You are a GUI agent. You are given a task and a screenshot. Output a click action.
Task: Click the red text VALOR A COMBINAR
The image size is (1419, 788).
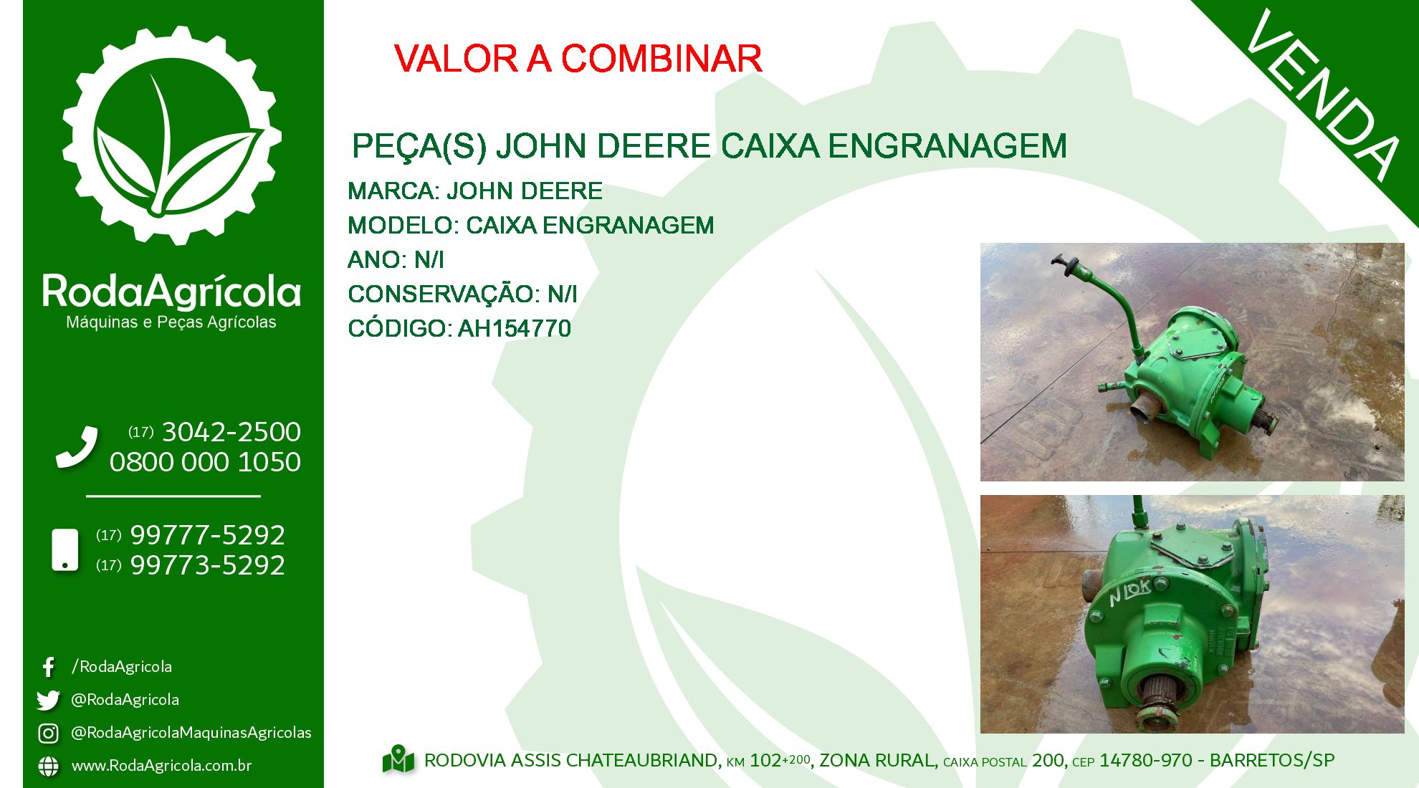click(x=578, y=59)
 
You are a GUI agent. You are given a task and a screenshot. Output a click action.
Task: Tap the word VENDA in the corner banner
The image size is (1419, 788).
click(x=1323, y=95)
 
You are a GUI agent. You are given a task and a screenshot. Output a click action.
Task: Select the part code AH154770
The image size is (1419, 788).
click(x=515, y=329)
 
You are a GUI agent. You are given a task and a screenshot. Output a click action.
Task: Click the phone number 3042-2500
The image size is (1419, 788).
click(x=231, y=432)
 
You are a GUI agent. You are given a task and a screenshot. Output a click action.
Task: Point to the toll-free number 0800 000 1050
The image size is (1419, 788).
click(x=205, y=462)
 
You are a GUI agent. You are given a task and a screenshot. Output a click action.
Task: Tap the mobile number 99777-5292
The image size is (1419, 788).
click(x=208, y=535)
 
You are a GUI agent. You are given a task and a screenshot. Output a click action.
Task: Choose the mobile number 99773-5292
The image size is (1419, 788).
click(x=208, y=565)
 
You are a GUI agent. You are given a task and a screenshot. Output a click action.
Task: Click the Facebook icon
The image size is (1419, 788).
click(x=48, y=667)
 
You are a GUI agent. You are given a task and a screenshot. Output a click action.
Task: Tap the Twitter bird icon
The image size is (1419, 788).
click(x=48, y=700)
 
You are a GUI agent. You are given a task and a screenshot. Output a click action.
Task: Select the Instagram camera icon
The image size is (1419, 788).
click(x=48, y=733)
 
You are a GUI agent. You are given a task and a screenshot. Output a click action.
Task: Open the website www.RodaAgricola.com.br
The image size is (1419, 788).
click(x=161, y=766)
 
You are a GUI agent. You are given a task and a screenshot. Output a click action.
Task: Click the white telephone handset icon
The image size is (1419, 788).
click(x=77, y=448)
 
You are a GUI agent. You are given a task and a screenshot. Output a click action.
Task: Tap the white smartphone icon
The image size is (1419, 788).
click(x=65, y=550)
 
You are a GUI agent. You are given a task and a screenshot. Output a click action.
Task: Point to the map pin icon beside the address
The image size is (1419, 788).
click(x=398, y=760)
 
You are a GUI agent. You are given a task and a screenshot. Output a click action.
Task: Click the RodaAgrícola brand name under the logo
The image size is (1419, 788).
click(x=171, y=291)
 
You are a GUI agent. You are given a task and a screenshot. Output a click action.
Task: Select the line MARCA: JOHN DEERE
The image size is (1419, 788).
click(x=475, y=191)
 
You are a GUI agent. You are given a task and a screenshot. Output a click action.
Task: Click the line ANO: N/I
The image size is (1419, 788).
click(x=396, y=260)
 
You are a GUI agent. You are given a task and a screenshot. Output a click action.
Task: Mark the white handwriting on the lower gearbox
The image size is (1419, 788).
click(x=1129, y=592)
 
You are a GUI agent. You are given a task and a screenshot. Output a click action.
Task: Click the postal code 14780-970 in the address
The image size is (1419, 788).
click(x=1146, y=760)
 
